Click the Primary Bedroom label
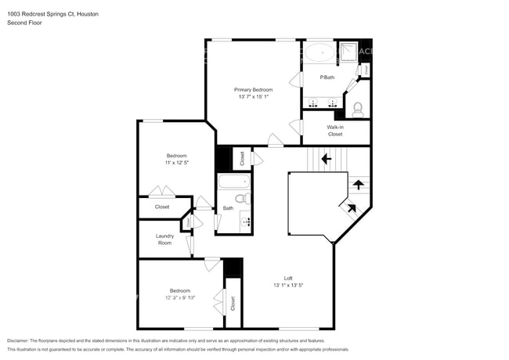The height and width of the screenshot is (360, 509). tap(253, 89)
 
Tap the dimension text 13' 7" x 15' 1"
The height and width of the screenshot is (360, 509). tap(253, 96)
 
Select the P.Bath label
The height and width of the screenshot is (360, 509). tap(327, 77)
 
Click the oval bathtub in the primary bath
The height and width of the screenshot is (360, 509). tap(318, 53)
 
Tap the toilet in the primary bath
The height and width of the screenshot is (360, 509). tap(358, 108)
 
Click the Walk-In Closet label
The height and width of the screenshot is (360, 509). tap(335, 131)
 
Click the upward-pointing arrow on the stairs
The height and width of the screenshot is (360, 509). tap(358, 185)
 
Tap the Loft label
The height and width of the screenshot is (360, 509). tap(288, 278)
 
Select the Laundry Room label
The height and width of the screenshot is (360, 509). tap(164, 239)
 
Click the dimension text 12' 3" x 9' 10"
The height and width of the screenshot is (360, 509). tap(180, 297)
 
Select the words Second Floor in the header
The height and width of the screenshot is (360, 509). tap(24, 23)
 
